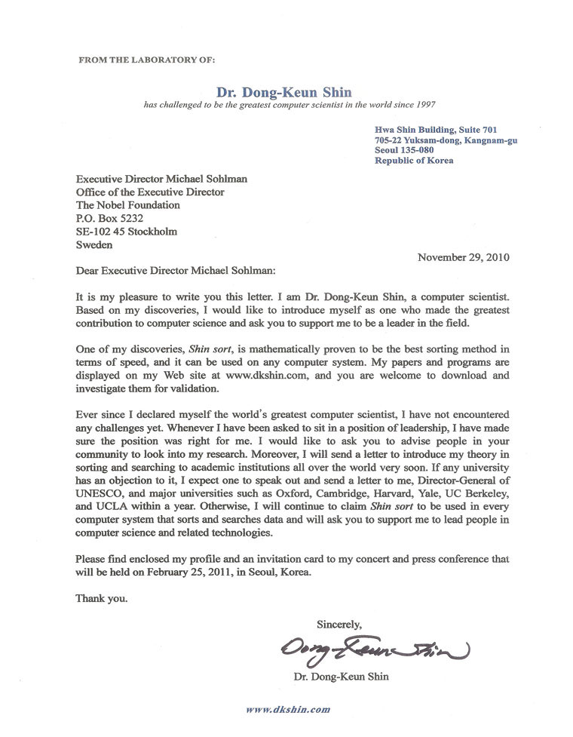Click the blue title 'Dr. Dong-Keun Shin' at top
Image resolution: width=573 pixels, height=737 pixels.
pyautogui.click(x=290, y=92)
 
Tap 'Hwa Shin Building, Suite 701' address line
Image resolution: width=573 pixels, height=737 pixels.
pyautogui.click(x=435, y=130)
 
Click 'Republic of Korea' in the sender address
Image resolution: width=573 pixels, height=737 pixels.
pyautogui.click(x=414, y=161)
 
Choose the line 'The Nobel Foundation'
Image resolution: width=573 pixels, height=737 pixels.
pyautogui.click(x=128, y=204)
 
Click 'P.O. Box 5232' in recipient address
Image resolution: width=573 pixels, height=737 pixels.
pyautogui.click(x=110, y=218)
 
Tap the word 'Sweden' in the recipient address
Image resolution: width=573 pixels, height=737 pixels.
pyautogui.click(x=95, y=244)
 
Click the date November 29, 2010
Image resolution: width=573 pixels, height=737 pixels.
pyautogui.click(x=463, y=256)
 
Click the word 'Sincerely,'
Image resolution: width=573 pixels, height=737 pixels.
pyautogui.click(x=339, y=624)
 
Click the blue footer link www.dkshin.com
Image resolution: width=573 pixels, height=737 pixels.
pyautogui.click(x=288, y=710)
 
